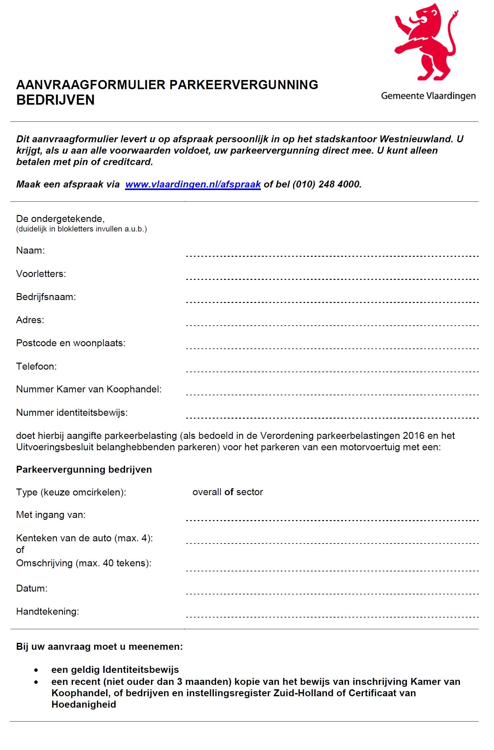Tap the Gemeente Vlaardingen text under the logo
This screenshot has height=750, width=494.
428,96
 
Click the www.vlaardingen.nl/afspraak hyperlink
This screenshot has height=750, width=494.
193,184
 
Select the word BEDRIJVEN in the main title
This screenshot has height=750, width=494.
56,100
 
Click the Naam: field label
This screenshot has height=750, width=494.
30,250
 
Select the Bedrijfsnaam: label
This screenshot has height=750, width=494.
46,297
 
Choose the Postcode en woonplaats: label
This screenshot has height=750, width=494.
71,343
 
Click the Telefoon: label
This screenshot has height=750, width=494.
36,366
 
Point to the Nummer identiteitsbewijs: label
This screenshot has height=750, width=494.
72,413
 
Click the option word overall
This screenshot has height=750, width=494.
207,492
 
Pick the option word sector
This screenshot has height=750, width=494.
250,492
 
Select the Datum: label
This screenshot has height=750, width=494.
32,588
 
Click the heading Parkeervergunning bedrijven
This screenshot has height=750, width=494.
84,470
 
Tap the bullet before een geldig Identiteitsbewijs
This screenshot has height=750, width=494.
36,670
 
